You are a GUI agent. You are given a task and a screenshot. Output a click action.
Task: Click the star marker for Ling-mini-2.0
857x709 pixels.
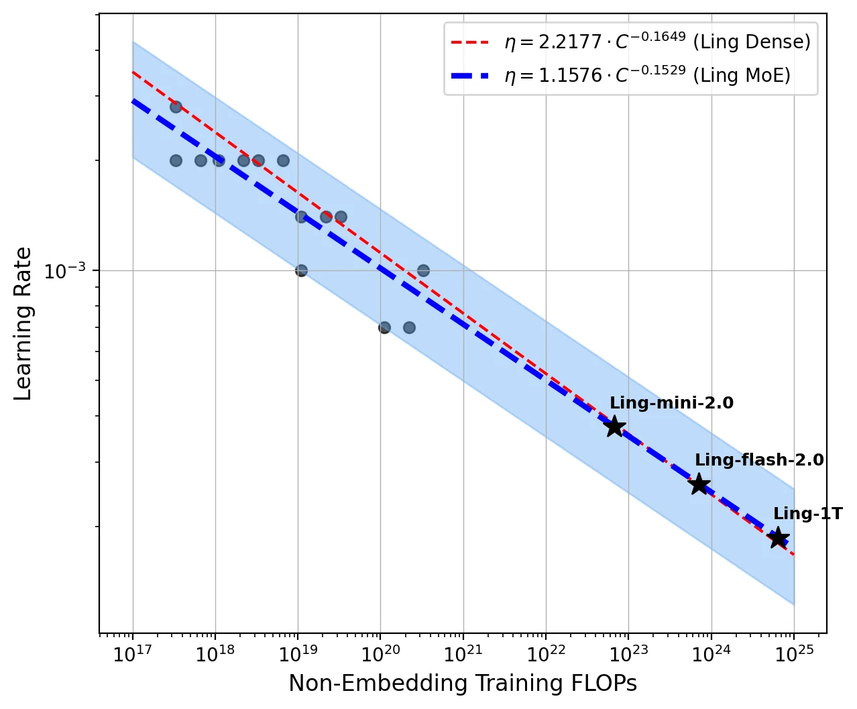tap(614, 426)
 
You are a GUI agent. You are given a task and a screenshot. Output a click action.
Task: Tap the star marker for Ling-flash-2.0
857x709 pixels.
tap(699, 484)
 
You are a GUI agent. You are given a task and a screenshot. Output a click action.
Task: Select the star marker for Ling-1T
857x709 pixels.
tap(778, 537)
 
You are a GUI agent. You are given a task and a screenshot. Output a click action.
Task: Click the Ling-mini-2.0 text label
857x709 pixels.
tap(671, 403)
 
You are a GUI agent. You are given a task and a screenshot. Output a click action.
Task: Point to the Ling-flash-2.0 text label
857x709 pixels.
tap(759, 460)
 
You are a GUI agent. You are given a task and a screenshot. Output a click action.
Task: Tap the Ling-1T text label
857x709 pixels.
tap(807, 514)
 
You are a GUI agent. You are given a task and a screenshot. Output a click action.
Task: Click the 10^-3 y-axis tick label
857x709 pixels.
tap(65, 270)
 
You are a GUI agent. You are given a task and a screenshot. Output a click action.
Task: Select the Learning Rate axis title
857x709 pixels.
tap(23, 323)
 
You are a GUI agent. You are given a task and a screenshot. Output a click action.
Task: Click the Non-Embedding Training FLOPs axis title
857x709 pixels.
tap(463, 684)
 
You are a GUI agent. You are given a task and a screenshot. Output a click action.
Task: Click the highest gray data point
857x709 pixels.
tap(176, 107)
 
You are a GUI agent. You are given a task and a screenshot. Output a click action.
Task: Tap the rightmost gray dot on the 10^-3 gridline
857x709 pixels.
tap(423, 270)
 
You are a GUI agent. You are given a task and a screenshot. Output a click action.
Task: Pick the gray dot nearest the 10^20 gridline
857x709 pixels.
tap(384, 327)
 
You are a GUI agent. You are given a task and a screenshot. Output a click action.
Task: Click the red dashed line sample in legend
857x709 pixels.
tap(471, 42)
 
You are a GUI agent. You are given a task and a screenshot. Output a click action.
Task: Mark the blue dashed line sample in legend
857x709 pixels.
tap(471, 75)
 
